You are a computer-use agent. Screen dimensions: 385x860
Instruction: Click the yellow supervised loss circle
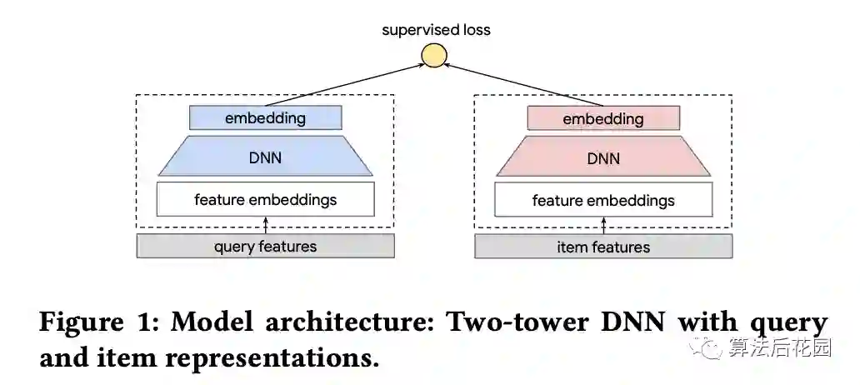tap(434, 55)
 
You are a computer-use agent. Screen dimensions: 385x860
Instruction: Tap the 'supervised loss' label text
tap(436, 30)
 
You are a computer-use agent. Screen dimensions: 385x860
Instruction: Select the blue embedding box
tap(265, 117)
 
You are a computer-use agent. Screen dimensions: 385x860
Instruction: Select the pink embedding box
tap(602, 118)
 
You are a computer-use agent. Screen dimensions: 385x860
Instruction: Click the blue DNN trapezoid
tap(265, 157)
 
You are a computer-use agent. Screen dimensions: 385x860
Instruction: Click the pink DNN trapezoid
tap(602, 157)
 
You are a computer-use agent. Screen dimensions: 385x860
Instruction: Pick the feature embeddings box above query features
tap(265, 199)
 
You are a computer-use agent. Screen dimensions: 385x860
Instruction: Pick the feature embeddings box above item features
tap(602, 200)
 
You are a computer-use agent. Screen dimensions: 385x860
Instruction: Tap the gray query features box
tap(265, 246)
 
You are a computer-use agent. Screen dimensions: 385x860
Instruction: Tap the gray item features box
tap(602, 247)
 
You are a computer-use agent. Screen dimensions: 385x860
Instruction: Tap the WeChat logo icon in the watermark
tap(710, 347)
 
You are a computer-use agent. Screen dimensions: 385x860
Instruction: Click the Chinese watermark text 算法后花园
tap(779, 348)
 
